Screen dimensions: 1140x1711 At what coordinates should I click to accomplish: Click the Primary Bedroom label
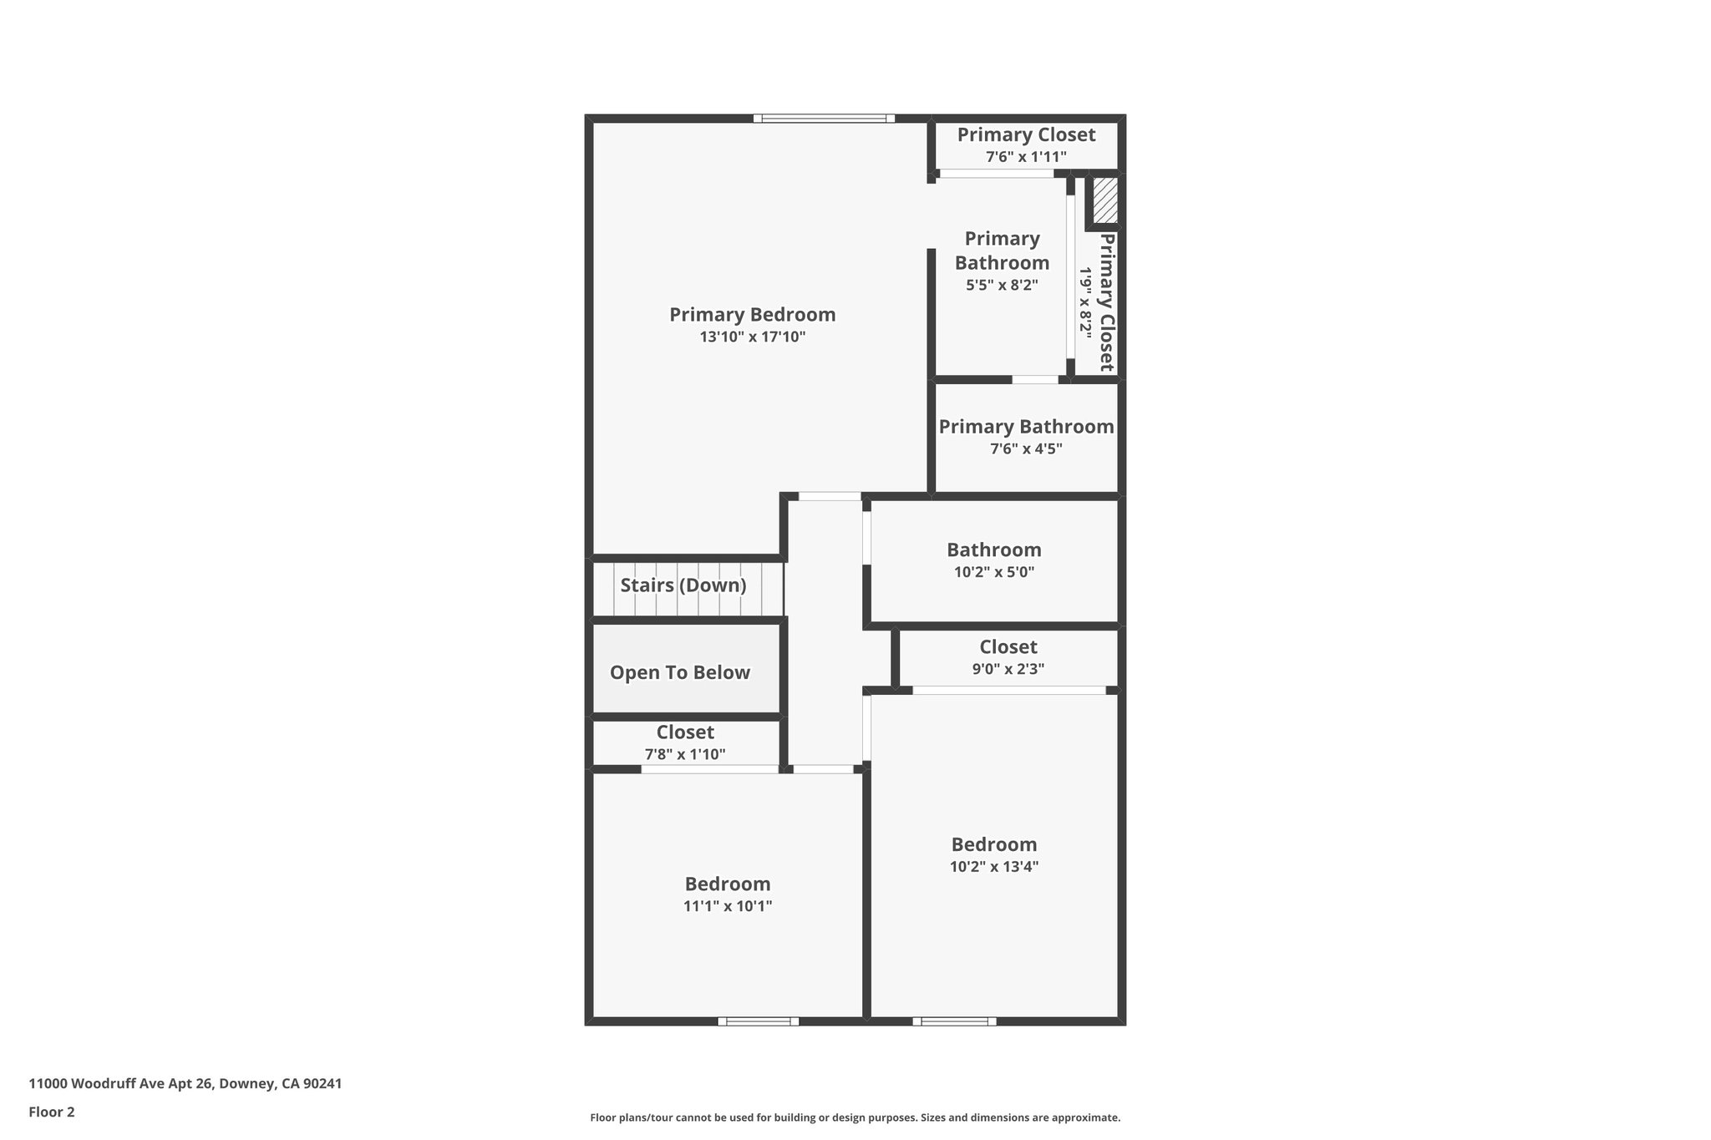coord(752,315)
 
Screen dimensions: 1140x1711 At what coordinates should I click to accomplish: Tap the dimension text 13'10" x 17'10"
coord(752,337)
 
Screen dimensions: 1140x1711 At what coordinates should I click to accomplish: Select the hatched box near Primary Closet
coord(1105,200)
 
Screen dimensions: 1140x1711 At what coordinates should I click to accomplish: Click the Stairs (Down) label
coord(683,585)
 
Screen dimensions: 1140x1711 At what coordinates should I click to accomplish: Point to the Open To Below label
coord(679,673)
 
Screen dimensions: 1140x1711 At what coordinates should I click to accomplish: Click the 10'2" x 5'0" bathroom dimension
coord(994,573)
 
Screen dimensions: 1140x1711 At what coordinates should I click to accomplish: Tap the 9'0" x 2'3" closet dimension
coord(1008,669)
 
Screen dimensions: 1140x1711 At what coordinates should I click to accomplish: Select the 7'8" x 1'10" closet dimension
coord(684,755)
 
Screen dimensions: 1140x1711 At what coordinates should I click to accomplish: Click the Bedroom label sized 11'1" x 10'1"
coord(727,884)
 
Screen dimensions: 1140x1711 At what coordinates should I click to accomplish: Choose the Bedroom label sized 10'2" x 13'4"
coord(993,844)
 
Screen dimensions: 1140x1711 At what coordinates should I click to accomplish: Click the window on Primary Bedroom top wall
coord(824,119)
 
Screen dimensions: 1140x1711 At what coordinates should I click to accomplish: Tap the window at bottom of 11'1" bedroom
coord(758,1021)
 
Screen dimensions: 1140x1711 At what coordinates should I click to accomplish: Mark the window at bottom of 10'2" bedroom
coord(954,1021)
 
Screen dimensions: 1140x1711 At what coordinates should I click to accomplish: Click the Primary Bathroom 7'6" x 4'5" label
coord(1026,427)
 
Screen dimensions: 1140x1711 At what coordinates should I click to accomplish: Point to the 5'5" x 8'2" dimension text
coord(1002,285)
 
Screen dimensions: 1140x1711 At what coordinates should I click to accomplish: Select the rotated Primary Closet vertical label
coord(1106,302)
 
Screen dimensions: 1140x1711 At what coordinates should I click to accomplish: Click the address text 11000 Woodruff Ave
coord(185,1084)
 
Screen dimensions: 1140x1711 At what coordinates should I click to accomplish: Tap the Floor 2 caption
coord(52,1112)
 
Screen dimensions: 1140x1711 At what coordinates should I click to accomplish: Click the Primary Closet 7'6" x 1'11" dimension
coord(1026,157)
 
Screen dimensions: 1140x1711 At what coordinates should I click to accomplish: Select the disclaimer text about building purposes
coord(855,1117)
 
